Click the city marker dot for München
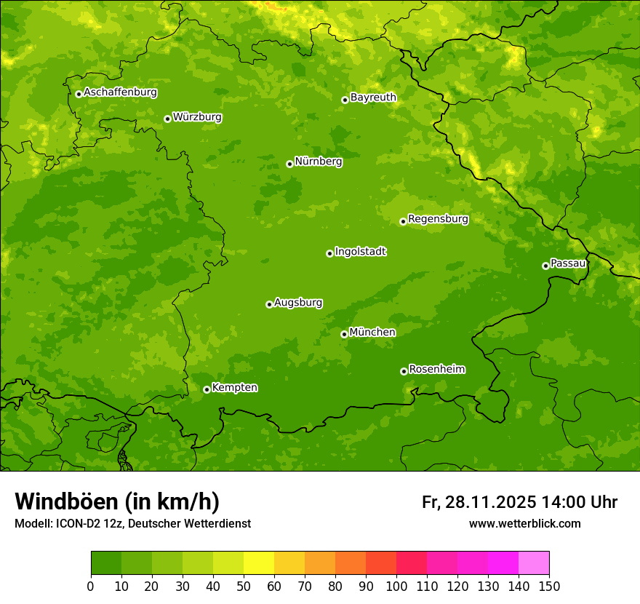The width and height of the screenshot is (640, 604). tap(344, 334)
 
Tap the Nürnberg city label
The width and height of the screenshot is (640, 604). tap(318, 162)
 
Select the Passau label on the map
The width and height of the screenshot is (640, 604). tap(568, 263)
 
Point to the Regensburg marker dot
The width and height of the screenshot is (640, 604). tap(403, 221)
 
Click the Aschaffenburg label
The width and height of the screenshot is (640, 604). tap(120, 92)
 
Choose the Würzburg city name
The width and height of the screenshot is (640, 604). tap(197, 117)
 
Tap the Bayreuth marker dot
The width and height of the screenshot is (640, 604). tap(345, 100)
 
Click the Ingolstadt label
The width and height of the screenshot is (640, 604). tap(360, 252)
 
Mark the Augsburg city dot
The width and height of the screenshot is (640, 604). tap(269, 304)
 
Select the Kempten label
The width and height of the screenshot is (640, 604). tap(234, 388)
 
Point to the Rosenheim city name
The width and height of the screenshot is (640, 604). tap(436, 370)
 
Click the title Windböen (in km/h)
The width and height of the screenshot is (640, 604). tap(116, 501)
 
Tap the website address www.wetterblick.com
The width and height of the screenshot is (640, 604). tap(524, 524)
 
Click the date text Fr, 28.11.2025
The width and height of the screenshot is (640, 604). tap(479, 502)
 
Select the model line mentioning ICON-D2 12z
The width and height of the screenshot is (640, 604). tap(132, 524)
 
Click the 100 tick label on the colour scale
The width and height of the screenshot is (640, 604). tap(396, 587)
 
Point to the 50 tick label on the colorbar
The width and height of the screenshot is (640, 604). tap(244, 587)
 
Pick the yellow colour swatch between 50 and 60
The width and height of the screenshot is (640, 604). tap(259, 563)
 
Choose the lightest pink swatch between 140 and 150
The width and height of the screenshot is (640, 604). tap(534, 563)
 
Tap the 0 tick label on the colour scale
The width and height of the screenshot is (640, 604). tap(91, 587)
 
